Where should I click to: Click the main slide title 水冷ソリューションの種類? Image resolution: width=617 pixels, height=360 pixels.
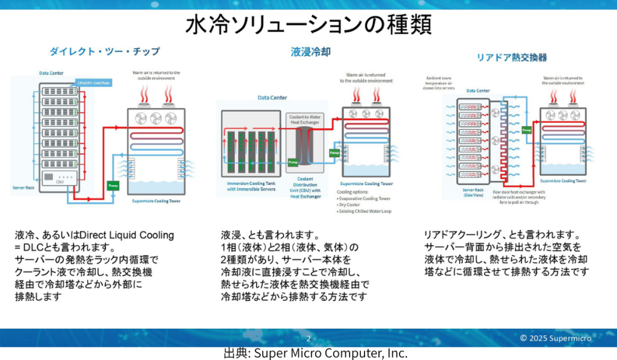(x=308, y=25)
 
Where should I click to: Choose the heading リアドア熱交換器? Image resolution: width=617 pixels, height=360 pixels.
(x=512, y=57)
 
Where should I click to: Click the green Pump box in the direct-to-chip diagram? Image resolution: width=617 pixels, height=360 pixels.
(x=113, y=185)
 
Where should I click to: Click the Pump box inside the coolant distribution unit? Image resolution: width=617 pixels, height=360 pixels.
(x=293, y=162)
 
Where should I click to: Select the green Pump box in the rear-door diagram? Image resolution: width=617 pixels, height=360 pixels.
(x=526, y=130)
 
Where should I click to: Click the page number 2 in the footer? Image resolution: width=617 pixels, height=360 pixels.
(x=308, y=338)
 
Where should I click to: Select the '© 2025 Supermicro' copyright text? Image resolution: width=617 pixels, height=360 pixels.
(x=556, y=338)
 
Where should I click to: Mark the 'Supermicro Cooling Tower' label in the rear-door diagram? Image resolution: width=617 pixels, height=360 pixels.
(x=563, y=180)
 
